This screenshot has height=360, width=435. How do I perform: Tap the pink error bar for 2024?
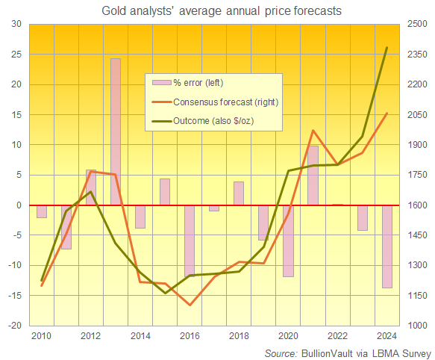(387, 246)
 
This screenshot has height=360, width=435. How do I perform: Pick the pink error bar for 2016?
(190, 239)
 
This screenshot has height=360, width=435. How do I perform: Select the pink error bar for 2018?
(239, 193)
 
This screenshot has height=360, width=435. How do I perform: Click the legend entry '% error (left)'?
(198, 82)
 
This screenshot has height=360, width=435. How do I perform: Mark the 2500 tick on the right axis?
(417, 24)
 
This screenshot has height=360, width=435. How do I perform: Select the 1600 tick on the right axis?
(417, 205)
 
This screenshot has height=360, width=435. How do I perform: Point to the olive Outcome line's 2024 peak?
(387, 48)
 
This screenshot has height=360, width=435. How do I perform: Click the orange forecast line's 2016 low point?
(190, 305)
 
